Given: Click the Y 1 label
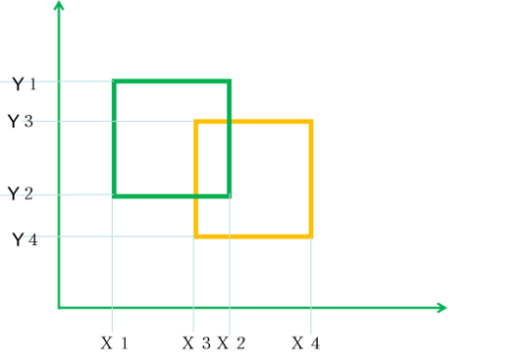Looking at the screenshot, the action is (x=25, y=83).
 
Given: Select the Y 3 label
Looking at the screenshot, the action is (x=21, y=121).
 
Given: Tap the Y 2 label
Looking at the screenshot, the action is (x=21, y=194).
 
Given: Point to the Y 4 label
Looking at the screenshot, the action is (x=25, y=240).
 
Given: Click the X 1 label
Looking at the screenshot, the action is (x=115, y=343).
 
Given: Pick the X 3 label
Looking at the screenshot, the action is (x=196, y=343).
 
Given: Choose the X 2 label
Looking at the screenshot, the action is (x=232, y=343).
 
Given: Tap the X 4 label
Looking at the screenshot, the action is (x=305, y=343).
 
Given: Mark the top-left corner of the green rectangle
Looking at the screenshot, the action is (x=114, y=81).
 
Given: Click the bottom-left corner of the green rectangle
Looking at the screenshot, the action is (x=114, y=196).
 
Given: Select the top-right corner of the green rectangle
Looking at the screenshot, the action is (x=229, y=81).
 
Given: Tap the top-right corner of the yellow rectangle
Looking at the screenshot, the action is (x=311, y=122).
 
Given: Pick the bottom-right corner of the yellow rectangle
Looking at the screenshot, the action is (x=311, y=236).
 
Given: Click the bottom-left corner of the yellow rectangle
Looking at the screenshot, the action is (x=196, y=236).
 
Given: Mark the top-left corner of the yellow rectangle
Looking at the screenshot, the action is (x=196, y=122).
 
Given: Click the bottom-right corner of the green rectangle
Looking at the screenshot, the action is (x=229, y=196).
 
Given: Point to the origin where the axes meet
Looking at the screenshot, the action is (x=59, y=307).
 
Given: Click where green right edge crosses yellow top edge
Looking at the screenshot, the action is (x=229, y=122).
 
